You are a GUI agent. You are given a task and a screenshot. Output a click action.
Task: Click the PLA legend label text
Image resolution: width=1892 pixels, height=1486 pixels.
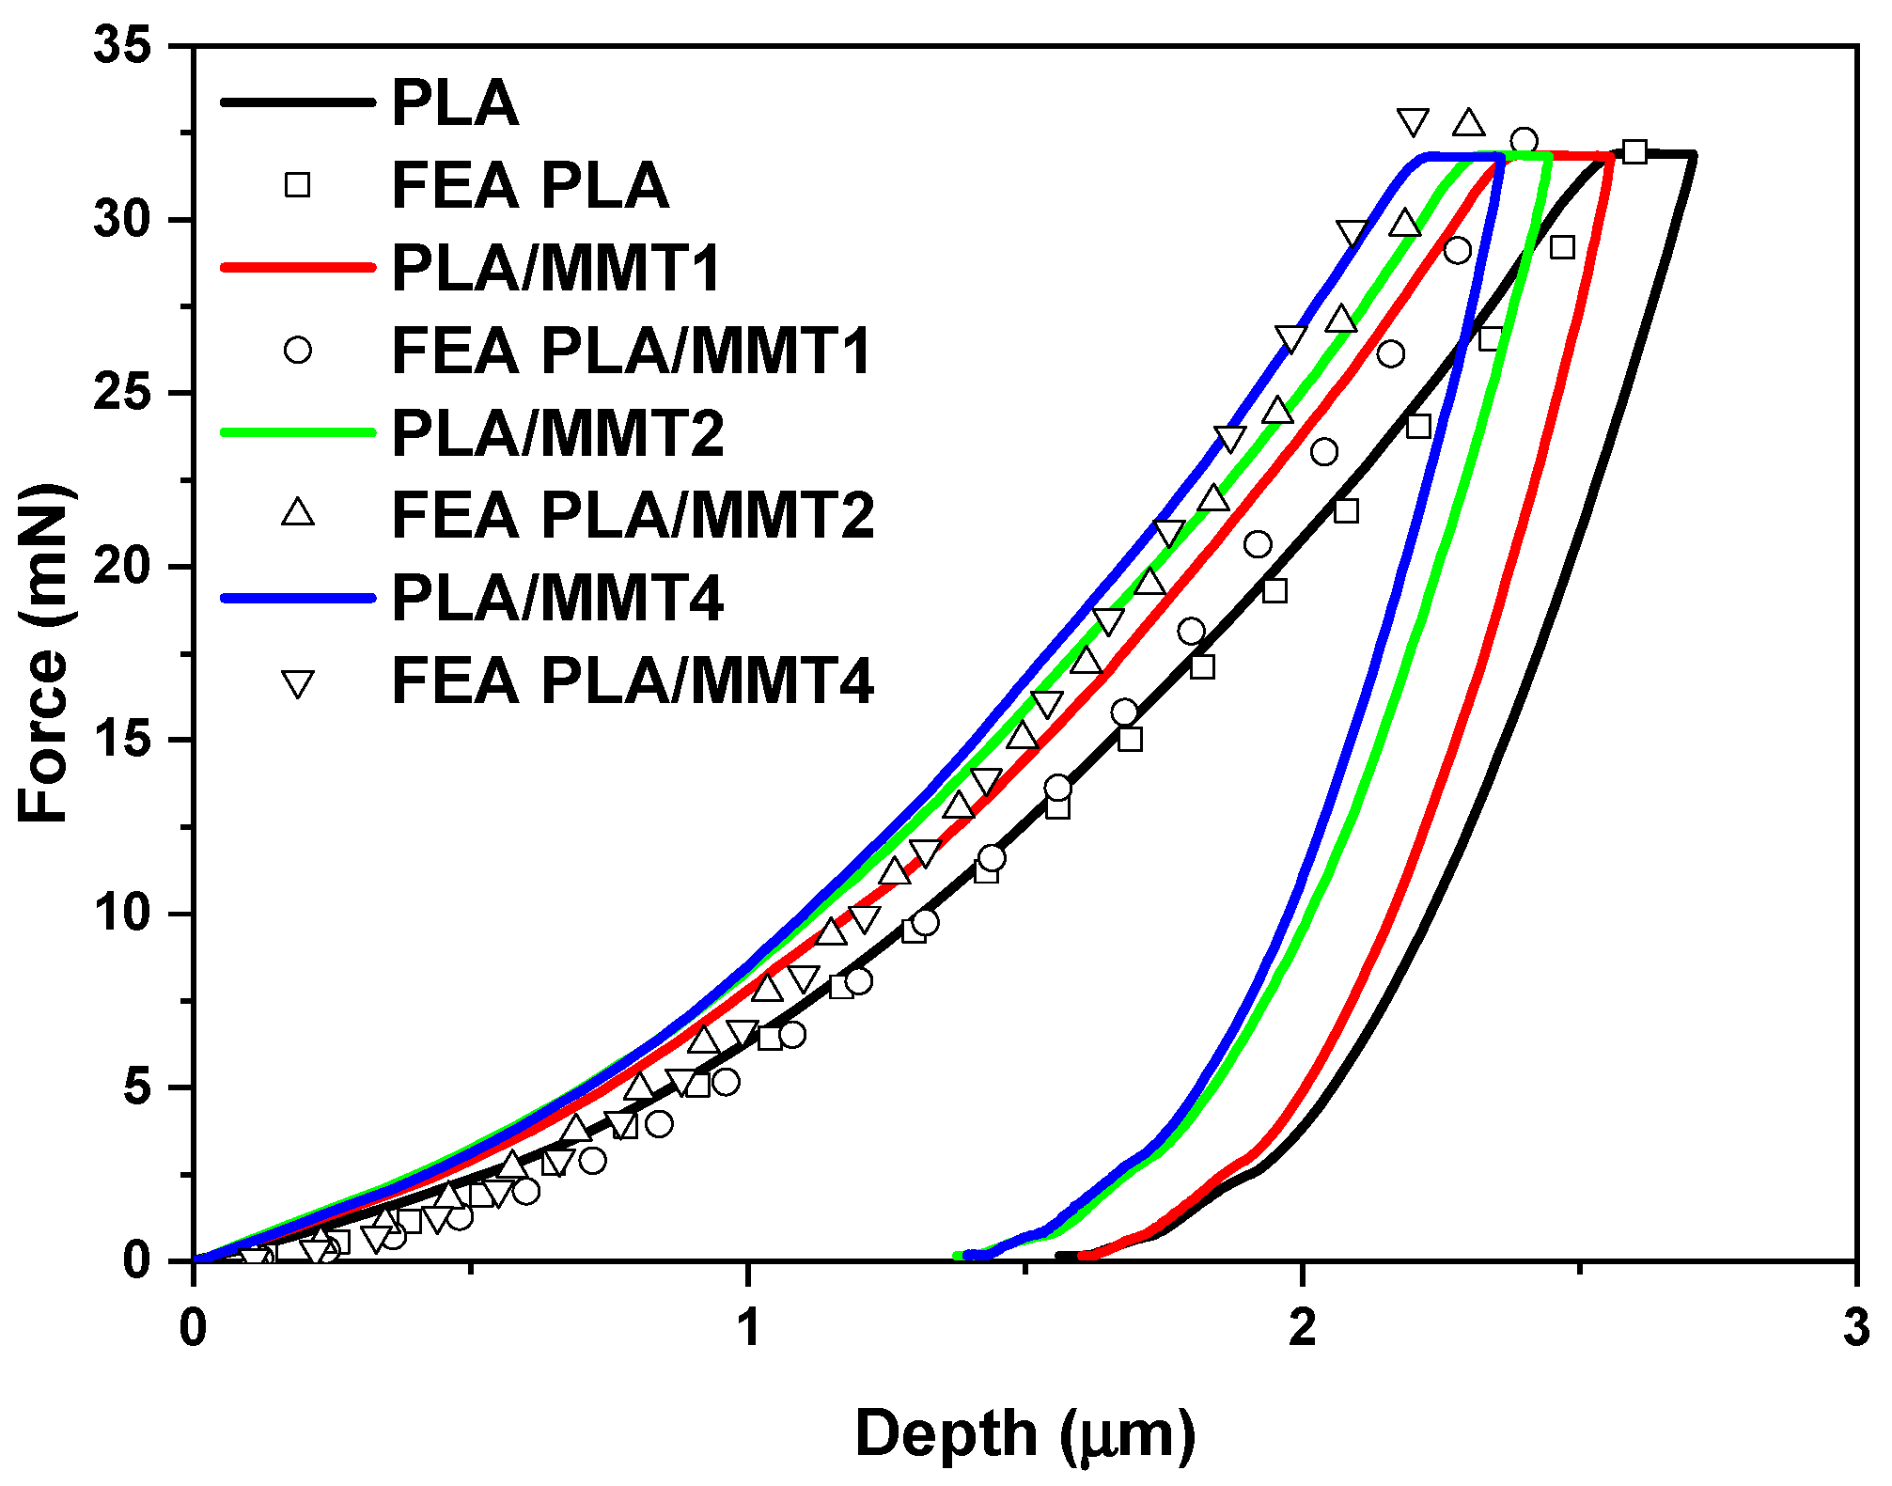coord(455,102)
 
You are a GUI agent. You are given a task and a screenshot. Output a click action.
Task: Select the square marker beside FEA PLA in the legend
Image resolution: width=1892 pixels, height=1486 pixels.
coord(297,184)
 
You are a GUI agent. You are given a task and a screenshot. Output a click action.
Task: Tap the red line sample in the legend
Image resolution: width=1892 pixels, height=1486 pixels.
coord(297,267)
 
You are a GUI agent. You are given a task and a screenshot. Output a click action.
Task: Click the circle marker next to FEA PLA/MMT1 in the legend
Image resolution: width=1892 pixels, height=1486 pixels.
coord(297,350)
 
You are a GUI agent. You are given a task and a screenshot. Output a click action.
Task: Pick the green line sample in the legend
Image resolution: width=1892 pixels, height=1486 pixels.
coord(297,432)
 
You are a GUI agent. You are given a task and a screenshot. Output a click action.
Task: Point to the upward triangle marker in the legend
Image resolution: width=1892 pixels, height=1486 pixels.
coord(298,513)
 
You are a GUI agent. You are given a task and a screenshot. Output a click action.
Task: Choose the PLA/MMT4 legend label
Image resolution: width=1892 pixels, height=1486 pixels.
coord(556,598)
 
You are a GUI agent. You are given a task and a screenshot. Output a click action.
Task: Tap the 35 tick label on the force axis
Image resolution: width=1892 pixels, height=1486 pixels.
coord(122,45)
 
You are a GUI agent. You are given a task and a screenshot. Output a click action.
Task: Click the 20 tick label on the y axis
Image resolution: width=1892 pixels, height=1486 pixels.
coord(122,567)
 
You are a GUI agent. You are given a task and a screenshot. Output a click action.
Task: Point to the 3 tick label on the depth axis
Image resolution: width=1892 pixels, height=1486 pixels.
coord(1855,1328)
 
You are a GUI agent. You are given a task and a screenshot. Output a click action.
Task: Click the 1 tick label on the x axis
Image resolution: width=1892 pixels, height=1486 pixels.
coord(747,1328)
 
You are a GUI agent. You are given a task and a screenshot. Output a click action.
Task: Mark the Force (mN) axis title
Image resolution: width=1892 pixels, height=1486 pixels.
coord(43,653)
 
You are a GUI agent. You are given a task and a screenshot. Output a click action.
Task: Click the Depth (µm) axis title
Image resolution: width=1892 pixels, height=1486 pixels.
coord(1024,1434)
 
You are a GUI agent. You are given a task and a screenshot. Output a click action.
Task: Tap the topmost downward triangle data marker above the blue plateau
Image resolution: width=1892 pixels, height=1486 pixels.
coord(1413,121)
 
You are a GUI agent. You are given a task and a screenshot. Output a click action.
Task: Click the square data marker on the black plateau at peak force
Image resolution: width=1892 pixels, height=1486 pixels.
coord(1634,151)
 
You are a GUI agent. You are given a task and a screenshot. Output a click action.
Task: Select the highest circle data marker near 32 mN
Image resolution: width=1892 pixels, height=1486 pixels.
coord(1524,141)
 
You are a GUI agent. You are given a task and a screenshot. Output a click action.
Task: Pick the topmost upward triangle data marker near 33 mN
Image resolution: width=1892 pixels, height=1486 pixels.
coord(1468,123)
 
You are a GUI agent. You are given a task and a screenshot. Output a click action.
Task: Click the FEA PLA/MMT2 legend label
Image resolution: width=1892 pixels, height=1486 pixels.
coord(632,515)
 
